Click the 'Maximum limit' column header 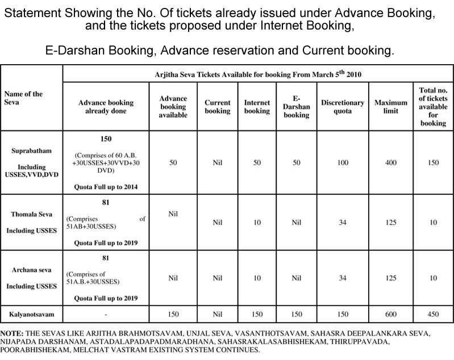click(390, 107)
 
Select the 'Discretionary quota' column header click(343, 107)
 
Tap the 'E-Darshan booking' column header click(296, 107)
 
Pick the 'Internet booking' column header click(257, 107)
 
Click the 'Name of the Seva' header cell click(23, 98)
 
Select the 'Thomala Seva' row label click(32, 215)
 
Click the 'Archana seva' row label click(32, 270)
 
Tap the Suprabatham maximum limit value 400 click(391, 162)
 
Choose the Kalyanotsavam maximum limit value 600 click(391, 313)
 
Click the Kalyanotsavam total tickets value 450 click(433, 313)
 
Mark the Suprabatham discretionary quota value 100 click(343, 162)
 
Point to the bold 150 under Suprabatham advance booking click(106, 138)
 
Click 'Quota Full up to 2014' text click(106, 186)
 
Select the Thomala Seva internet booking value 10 click(257, 222)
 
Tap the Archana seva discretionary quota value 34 click(343, 278)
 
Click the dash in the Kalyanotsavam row click(106, 313)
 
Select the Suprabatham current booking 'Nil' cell click(217, 162)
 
